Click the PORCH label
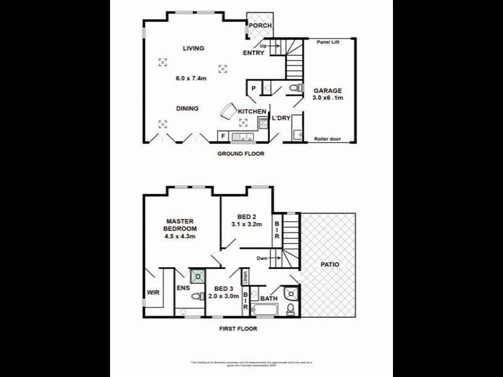click(x=260, y=26)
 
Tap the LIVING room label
click(x=194, y=48)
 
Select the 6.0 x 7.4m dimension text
click(x=191, y=79)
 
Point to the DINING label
click(x=187, y=109)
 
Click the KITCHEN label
click(x=251, y=112)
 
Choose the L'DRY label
click(x=280, y=118)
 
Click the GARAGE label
click(x=328, y=90)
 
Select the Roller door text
click(x=328, y=139)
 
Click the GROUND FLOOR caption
click(x=241, y=154)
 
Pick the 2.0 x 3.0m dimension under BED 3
click(x=224, y=297)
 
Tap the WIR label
click(x=153, y=292)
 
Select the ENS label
click(x=182, y=288)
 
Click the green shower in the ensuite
click(x=198, y=276)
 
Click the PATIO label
click(x=329, y=265)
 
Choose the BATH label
click(x=269, y=298)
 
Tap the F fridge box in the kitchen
click(x=223, y=135)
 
